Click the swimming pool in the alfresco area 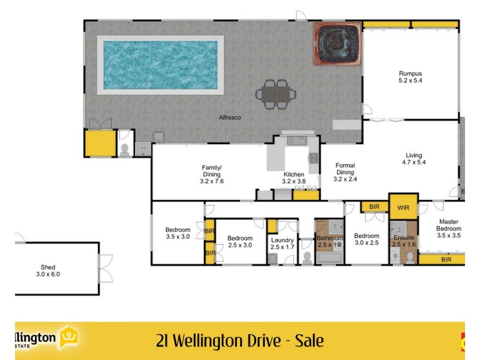click(x=160, y=64)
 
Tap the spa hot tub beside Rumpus click(x=337, y=44)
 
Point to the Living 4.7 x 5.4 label click(x=414, y=159)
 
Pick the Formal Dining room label click(x=345, y=172)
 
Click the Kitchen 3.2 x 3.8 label click(x=294, y=178)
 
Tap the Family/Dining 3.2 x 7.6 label click(x=212, y=174)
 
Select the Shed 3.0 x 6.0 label click(x=48, y=271)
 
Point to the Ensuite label click(x=404, y=241)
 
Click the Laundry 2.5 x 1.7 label click(x=282, y=244)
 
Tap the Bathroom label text click(x=329, y=241)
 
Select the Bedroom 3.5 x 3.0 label click(x=178, y=233)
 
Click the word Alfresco click(x=230, y=118)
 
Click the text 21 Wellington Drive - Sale click(x=239, y=341)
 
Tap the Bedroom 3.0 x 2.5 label click(x=367, y=239)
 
